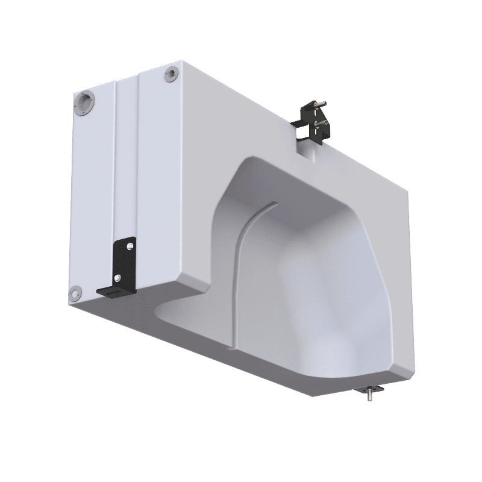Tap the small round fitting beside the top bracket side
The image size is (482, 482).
171,74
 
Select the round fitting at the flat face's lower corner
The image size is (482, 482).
75,293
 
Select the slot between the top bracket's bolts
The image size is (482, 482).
315,116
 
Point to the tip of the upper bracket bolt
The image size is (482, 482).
328,104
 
